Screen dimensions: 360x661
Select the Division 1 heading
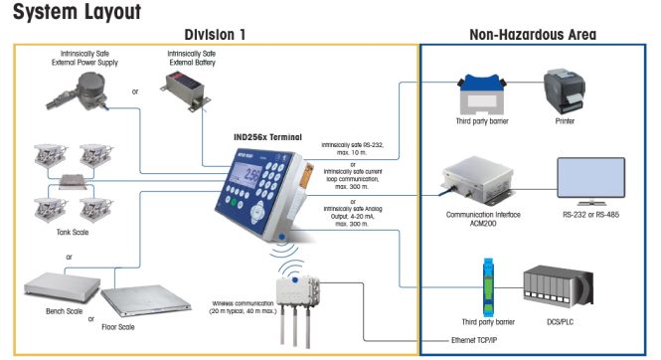pyautogui.click(x=213, y=34)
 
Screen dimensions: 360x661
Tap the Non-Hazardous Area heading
pyautogui.click(x=532, y=34)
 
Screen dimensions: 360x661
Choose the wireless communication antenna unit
pyautogui.click(x=297, y=294)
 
